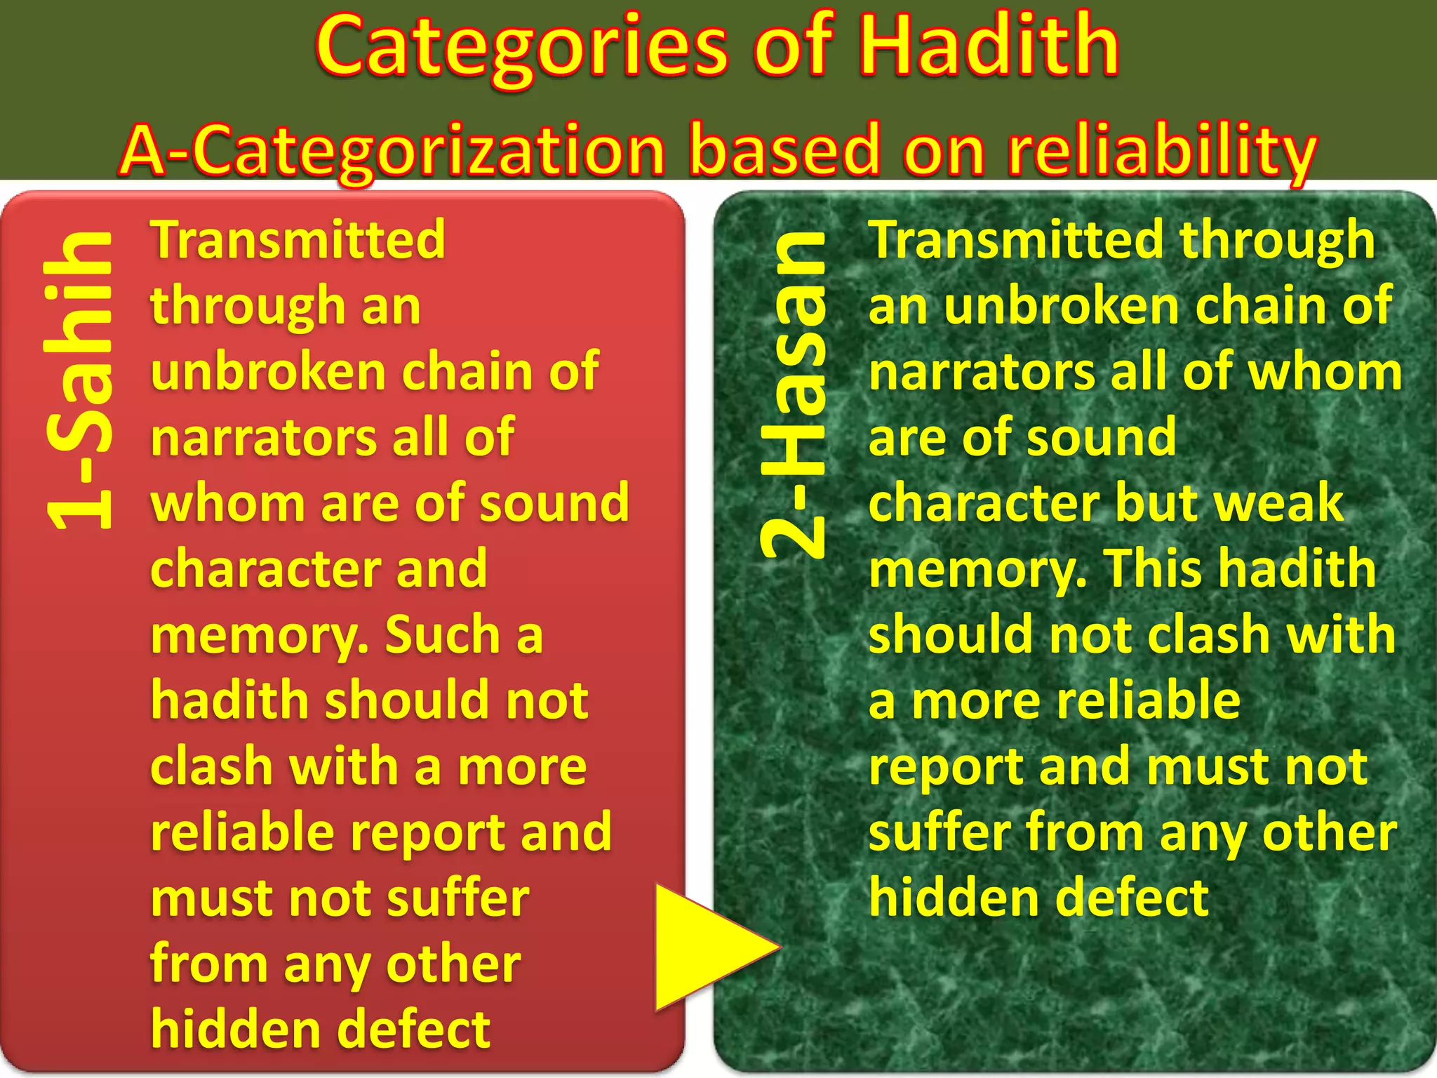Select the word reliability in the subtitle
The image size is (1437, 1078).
[x=1161, y=151]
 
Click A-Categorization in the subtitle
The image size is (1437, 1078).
[x=393, y=151]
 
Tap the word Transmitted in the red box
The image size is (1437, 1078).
[x=298, y=240]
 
